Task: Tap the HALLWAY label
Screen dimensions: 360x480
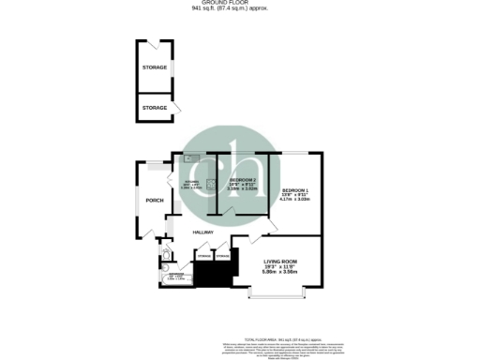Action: click(202, 232)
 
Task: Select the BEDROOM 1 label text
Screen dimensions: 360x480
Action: click(296, 190)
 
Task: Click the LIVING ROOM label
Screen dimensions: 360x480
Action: click(280, 262)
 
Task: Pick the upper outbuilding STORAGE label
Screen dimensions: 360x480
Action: click(155, 68)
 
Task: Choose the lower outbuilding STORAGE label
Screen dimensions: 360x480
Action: click(155, 108)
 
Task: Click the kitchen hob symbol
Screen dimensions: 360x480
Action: click(210, 183)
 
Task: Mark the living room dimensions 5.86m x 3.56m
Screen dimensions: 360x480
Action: click(280, 272)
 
